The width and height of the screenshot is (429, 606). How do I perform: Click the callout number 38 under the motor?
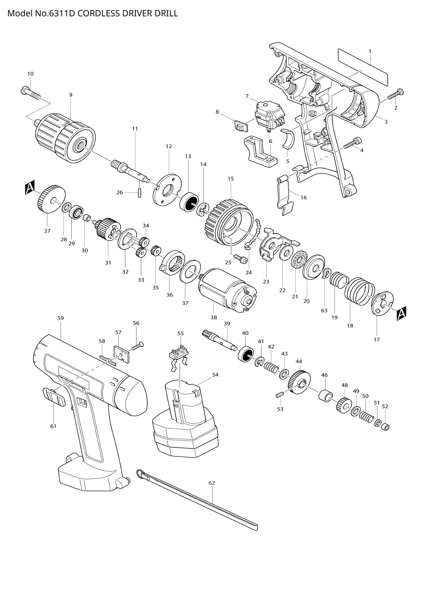click(213, 318)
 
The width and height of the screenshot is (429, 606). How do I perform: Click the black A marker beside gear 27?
click(30, 187)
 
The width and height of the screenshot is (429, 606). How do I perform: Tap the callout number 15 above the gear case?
click(231, 179)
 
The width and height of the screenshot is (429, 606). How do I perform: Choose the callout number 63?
click(324, 310)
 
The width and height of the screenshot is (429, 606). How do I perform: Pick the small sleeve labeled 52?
click(386, 427)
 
